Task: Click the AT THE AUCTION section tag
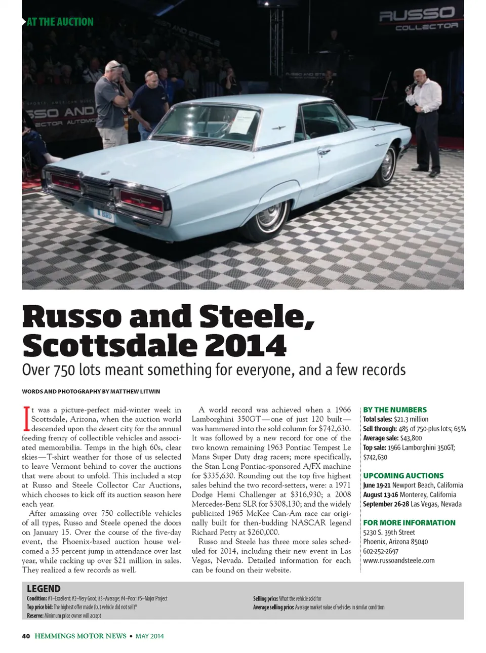[x=60, y=22]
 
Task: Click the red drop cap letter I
[x=26, y=419]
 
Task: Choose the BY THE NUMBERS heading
[x=395, y=410]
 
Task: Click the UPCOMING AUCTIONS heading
[x=403, y=475]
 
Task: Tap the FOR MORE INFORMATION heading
[x=409, y=522]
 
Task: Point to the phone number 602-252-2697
[x=381, y=551]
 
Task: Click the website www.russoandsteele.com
[x=398, y=560]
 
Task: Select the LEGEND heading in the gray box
[x=44, y=589]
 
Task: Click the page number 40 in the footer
[x=26, y=636]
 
